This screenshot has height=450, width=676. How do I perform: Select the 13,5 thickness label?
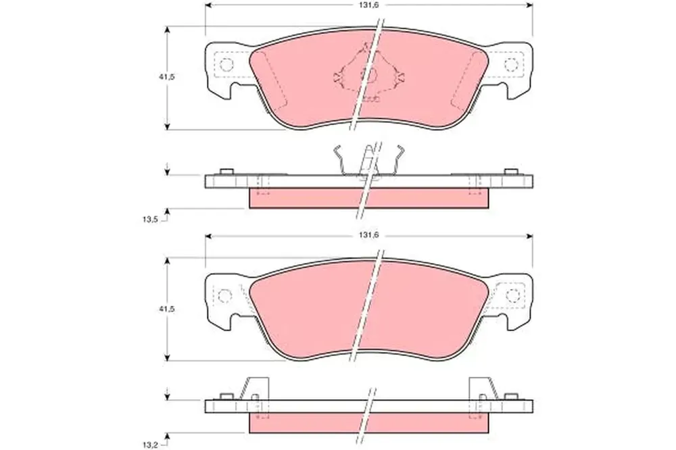(150, 220)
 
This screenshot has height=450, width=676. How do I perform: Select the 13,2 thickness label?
(150, 444)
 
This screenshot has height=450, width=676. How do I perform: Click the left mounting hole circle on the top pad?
(226, 65)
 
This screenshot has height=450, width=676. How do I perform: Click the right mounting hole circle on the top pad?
(511, 65)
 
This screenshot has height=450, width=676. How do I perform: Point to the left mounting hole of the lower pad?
(224, 296)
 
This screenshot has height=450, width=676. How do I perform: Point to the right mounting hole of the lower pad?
(513, 296)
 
